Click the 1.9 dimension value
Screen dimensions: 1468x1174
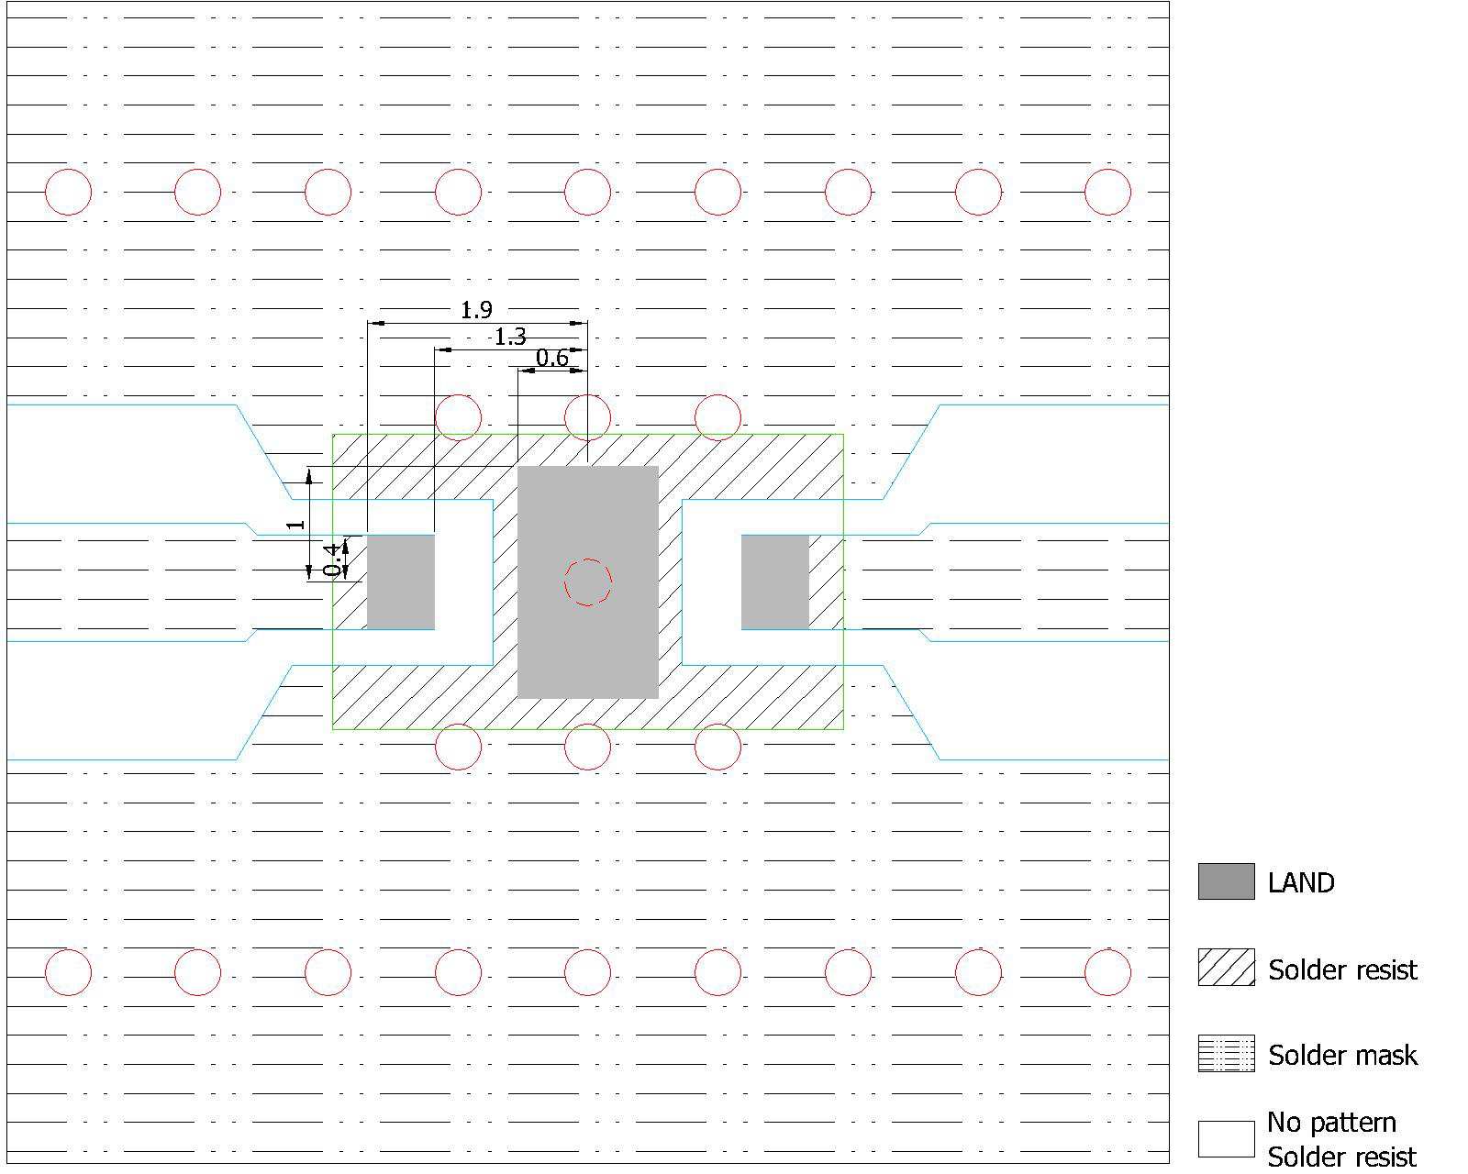click(476, 310)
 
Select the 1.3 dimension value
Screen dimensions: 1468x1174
click(510, 337)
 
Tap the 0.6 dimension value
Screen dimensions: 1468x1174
click(551, 358)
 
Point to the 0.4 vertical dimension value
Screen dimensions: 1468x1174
click(332, 560)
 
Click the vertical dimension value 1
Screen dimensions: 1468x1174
click(295, 524)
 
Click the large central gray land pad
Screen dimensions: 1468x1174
click(588, 581)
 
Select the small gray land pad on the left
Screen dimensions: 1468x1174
click(401, 581)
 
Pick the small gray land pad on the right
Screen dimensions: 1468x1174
click(775, 581)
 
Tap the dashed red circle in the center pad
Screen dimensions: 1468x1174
click(588, 559)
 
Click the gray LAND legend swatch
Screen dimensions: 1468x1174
click(1227, 881)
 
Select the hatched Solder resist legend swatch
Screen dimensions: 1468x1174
click(1227, 968)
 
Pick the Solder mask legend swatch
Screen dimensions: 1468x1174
click(1227, 1053)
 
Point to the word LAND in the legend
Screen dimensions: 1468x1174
click(1301, 882)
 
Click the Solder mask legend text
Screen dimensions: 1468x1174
click(1342, 1056)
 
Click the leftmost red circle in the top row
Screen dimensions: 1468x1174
click(68, 169)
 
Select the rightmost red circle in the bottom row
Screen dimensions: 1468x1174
click(1107, 949)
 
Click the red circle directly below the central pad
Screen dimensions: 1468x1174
click(588, 725)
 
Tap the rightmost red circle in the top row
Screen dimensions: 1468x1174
click(1107, 169)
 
